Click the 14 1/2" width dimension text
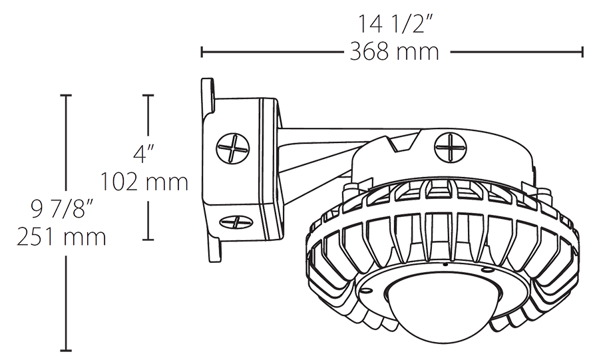[393, 24]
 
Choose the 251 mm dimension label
[61, 237]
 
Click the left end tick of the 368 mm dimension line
[202, 52]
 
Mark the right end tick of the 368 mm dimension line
[583, 52]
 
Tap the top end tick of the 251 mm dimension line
[66, 96]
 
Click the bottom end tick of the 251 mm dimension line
[66, 350]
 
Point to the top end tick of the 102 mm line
[148, 96]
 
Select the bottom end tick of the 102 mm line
[148, 239]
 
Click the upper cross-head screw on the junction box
[234, 147]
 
